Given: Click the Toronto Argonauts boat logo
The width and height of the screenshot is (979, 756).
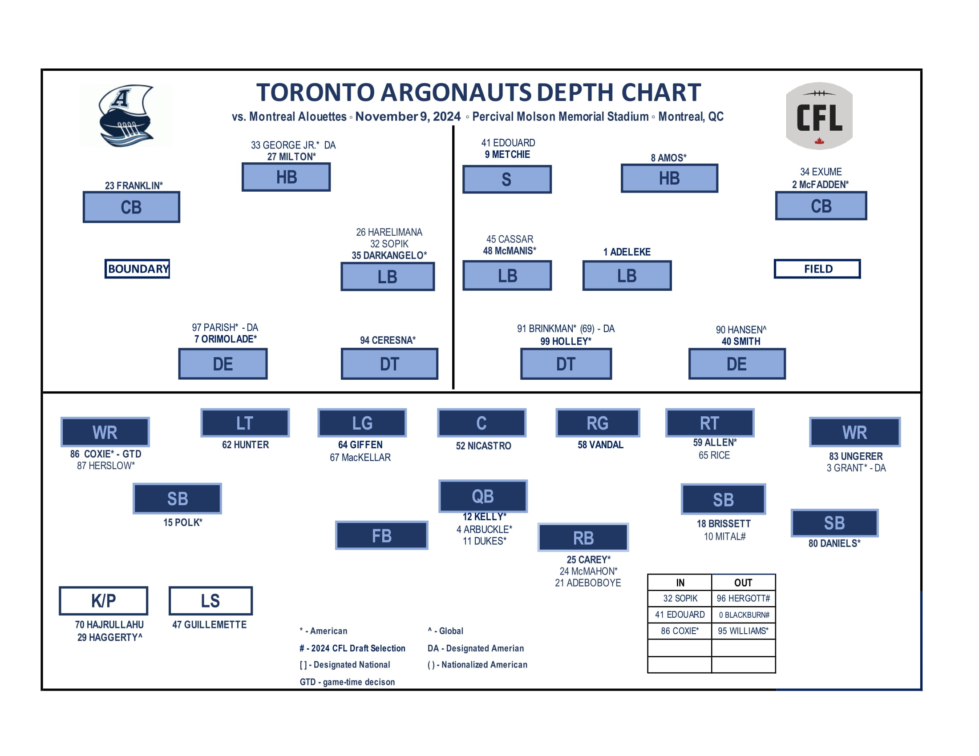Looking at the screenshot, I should tap(126, 116).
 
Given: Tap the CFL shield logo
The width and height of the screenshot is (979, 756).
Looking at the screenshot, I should tap(819, 116).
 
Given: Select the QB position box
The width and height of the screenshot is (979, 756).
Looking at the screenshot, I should tap(483, 496).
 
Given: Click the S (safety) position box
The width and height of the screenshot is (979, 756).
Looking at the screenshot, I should tap(506, 179).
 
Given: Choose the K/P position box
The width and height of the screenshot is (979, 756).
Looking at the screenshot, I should tap(104, 601).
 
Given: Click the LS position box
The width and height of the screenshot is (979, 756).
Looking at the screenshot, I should tap(210, 601).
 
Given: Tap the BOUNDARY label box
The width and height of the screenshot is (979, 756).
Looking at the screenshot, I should tap(137, 269).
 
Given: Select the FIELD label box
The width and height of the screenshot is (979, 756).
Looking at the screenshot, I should tap(817, 269).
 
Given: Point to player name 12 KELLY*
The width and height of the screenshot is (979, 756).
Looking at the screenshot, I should tap(484, 517).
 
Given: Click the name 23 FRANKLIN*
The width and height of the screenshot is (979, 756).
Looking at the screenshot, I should tap(133, 185).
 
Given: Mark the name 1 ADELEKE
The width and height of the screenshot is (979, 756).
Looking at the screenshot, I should tap(627, 252).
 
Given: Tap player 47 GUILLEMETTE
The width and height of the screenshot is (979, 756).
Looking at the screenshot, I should tap(209, 625).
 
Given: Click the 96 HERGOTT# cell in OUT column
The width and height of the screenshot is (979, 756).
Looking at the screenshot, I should tap(743, 598).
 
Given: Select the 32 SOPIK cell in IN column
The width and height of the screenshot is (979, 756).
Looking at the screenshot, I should tap(680, 598).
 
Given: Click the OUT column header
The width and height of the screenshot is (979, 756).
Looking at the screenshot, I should tap(743, 583).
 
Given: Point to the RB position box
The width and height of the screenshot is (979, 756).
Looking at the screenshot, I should tap(583, 538).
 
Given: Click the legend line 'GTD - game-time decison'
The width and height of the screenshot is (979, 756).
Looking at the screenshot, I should tap(347, 682).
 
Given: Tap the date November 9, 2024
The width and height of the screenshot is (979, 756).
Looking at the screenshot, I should tap(408, 117).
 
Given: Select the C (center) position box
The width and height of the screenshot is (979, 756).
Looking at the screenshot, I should tap(481, 423).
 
